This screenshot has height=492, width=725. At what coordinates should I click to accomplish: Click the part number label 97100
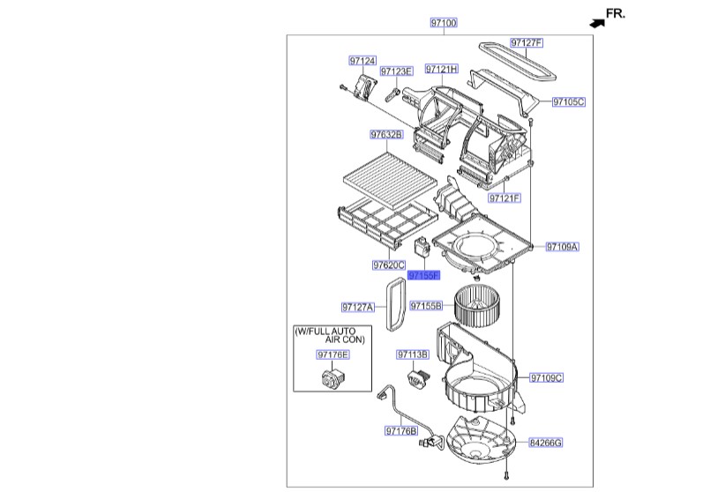tap(444, 22)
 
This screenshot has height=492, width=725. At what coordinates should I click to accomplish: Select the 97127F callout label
tap(527, 42)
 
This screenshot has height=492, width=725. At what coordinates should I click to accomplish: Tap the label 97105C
tap(569, 102)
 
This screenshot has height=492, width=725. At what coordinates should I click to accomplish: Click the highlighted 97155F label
tap(423, 275)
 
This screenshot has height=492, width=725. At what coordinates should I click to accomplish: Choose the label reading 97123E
tap(396, 71)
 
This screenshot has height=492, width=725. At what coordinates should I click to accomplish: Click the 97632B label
tap(386, 135)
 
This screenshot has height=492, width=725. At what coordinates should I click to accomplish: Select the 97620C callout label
tap(388, 265)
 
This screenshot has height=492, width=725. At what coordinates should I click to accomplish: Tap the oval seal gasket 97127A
tap(394, 304)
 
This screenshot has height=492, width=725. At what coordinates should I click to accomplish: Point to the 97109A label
tap(562, 248)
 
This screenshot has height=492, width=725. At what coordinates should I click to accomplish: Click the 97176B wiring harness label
tap(400, 431)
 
